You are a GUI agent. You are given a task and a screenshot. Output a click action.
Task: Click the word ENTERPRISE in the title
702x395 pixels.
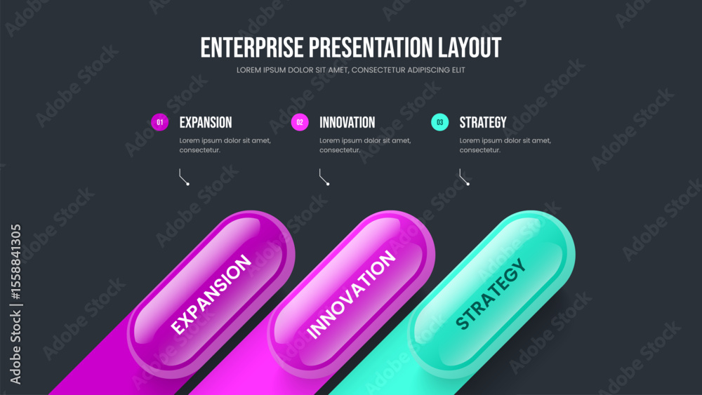tap(252, 48)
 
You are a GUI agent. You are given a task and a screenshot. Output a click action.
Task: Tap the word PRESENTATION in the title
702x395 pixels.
tap(371, 48)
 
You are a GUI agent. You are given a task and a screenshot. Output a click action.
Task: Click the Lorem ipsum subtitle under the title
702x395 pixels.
tap(350, 70)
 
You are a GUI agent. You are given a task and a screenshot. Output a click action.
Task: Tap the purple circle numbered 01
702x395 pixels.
tap(160, 122)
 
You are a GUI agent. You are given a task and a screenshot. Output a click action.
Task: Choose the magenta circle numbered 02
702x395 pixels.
tap(300, 122)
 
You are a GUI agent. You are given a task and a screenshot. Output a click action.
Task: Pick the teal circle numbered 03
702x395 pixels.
tap(439, 122)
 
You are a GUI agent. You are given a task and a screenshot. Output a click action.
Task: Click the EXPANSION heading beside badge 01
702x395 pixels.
tap(206, 123)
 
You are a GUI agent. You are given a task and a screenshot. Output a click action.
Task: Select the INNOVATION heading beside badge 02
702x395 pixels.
tap(347, 123)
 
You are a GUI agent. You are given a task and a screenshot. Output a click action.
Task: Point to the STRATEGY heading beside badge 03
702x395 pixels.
tap(483, 123)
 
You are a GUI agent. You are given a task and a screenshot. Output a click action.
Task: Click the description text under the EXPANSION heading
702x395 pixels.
tap(225, 145)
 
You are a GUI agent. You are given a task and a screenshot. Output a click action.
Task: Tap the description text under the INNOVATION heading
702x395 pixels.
tap(365, 145)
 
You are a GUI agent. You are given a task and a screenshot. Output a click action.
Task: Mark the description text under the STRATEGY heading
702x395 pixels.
tap(505, 145)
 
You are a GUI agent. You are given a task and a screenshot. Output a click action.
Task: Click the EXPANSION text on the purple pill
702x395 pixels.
tap(211, 295)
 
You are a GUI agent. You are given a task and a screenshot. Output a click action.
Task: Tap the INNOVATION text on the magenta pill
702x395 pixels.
tap(350, 295)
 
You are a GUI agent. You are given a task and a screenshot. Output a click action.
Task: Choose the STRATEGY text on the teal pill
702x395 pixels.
tap(491, 294)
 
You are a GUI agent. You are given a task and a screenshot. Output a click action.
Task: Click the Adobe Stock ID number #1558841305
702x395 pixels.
tap(15, 262)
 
